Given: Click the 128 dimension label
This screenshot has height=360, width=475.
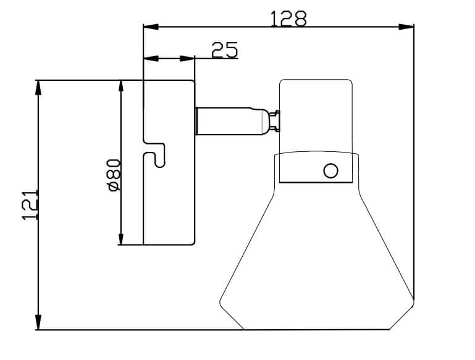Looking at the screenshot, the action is point(288,19).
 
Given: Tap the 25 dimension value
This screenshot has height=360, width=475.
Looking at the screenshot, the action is point(224,50).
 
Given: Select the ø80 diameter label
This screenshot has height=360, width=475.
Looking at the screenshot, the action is point(114,175).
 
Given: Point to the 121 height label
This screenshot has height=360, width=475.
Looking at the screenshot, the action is point(30,205).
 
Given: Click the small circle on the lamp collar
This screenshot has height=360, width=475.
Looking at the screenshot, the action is point(330,170).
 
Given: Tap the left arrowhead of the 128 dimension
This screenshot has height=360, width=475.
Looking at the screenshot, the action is point(151,27).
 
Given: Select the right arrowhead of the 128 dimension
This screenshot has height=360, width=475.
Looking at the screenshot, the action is point(406,27).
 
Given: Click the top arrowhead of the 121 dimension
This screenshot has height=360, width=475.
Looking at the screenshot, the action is point(38,88).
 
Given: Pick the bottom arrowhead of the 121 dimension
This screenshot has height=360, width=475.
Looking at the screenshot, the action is point(38,322).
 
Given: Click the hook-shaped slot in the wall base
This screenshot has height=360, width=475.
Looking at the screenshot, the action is point(154,153).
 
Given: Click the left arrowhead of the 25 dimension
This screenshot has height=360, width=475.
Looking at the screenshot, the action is point(151,59).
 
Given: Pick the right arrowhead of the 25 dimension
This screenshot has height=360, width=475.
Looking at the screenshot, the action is point(187,59).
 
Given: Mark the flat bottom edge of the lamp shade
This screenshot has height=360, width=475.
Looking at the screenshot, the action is point(317,329).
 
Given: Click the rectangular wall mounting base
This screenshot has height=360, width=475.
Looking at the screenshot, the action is point(169,162).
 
